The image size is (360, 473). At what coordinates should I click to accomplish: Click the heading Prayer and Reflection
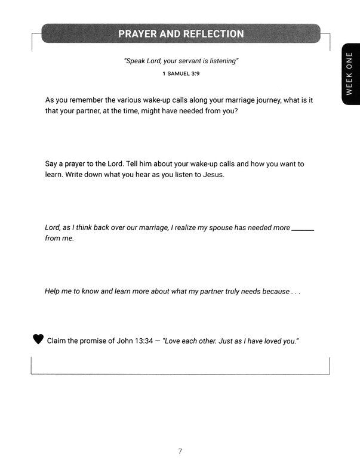[181, 33]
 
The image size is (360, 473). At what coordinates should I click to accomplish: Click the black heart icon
[38, 339]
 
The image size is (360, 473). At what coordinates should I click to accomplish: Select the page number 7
[180, 452]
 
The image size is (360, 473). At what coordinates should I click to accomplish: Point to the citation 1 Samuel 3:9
[180, 74]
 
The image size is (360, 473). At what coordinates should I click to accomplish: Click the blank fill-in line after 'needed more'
[303, 228]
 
